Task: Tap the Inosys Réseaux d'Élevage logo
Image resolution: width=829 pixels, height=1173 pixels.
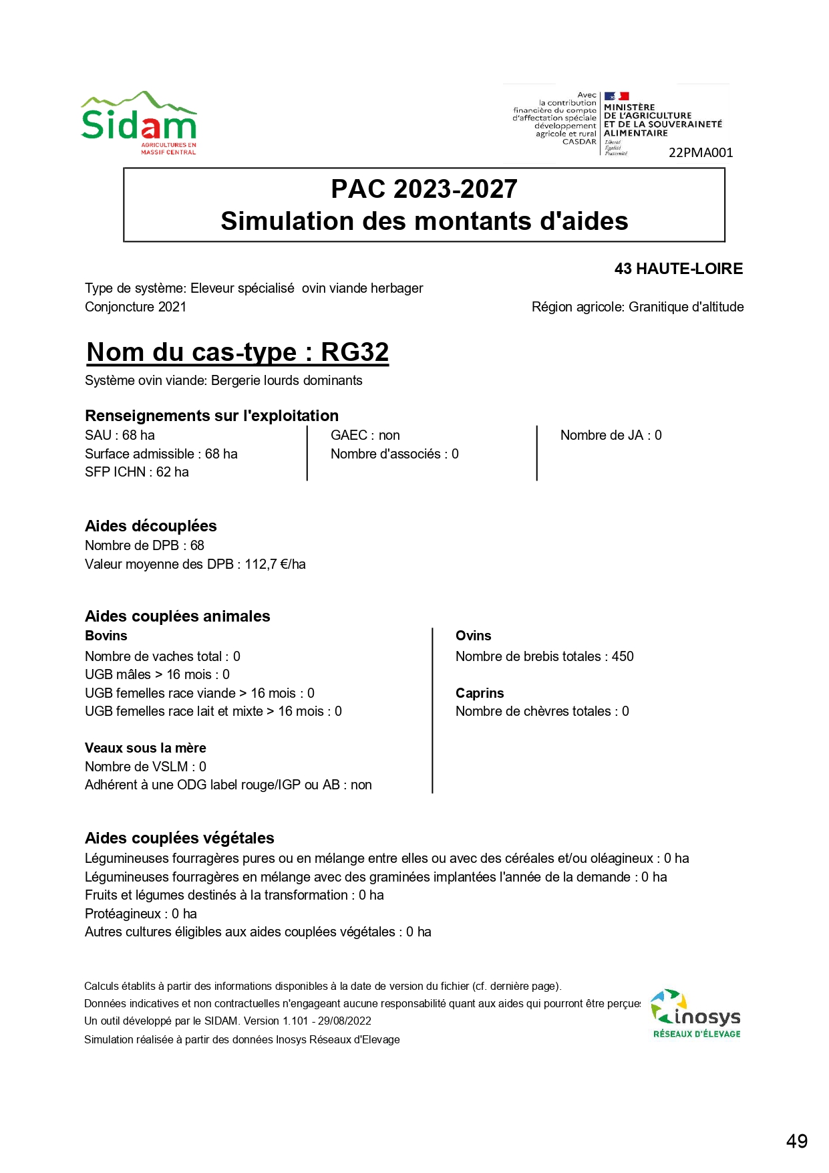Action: tap(695, 1014)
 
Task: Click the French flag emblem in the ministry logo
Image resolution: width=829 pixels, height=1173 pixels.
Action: tap(616, 96)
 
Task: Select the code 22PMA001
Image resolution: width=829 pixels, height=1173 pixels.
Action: tap(701, 152)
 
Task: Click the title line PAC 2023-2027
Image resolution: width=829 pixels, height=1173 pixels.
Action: tap(424, 189)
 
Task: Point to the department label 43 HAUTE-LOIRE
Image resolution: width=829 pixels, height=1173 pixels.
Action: tap(678, 269)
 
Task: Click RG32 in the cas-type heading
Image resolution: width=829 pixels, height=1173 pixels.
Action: tap(355, 352)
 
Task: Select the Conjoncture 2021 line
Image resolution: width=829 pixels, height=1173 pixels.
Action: tap(136, 307)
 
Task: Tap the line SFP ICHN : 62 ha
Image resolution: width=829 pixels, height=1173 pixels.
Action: tap(137, 472)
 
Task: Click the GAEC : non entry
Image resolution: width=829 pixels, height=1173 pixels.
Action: tap(365, 435)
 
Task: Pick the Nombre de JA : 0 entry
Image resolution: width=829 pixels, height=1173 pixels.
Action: tap(611, 435)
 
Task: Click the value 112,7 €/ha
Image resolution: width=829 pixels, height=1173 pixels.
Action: tap(275, 564)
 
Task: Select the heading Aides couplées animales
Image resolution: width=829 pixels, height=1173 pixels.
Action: tap(178, 616)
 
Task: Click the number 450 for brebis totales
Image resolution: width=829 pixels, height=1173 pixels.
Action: tap(623, 656)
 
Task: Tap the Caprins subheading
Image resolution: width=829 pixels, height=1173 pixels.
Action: tap(480, 693)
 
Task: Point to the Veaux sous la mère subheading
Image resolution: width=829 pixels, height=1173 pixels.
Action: tap(146, 748)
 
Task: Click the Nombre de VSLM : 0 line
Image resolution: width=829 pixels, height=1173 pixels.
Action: tap(146, 767)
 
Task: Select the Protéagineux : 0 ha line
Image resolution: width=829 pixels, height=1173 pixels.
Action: tap(141, 914)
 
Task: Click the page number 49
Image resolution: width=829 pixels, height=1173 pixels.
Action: tap(796, 1141)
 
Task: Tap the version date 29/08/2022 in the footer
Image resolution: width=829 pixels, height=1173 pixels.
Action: tap(344, 1021)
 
